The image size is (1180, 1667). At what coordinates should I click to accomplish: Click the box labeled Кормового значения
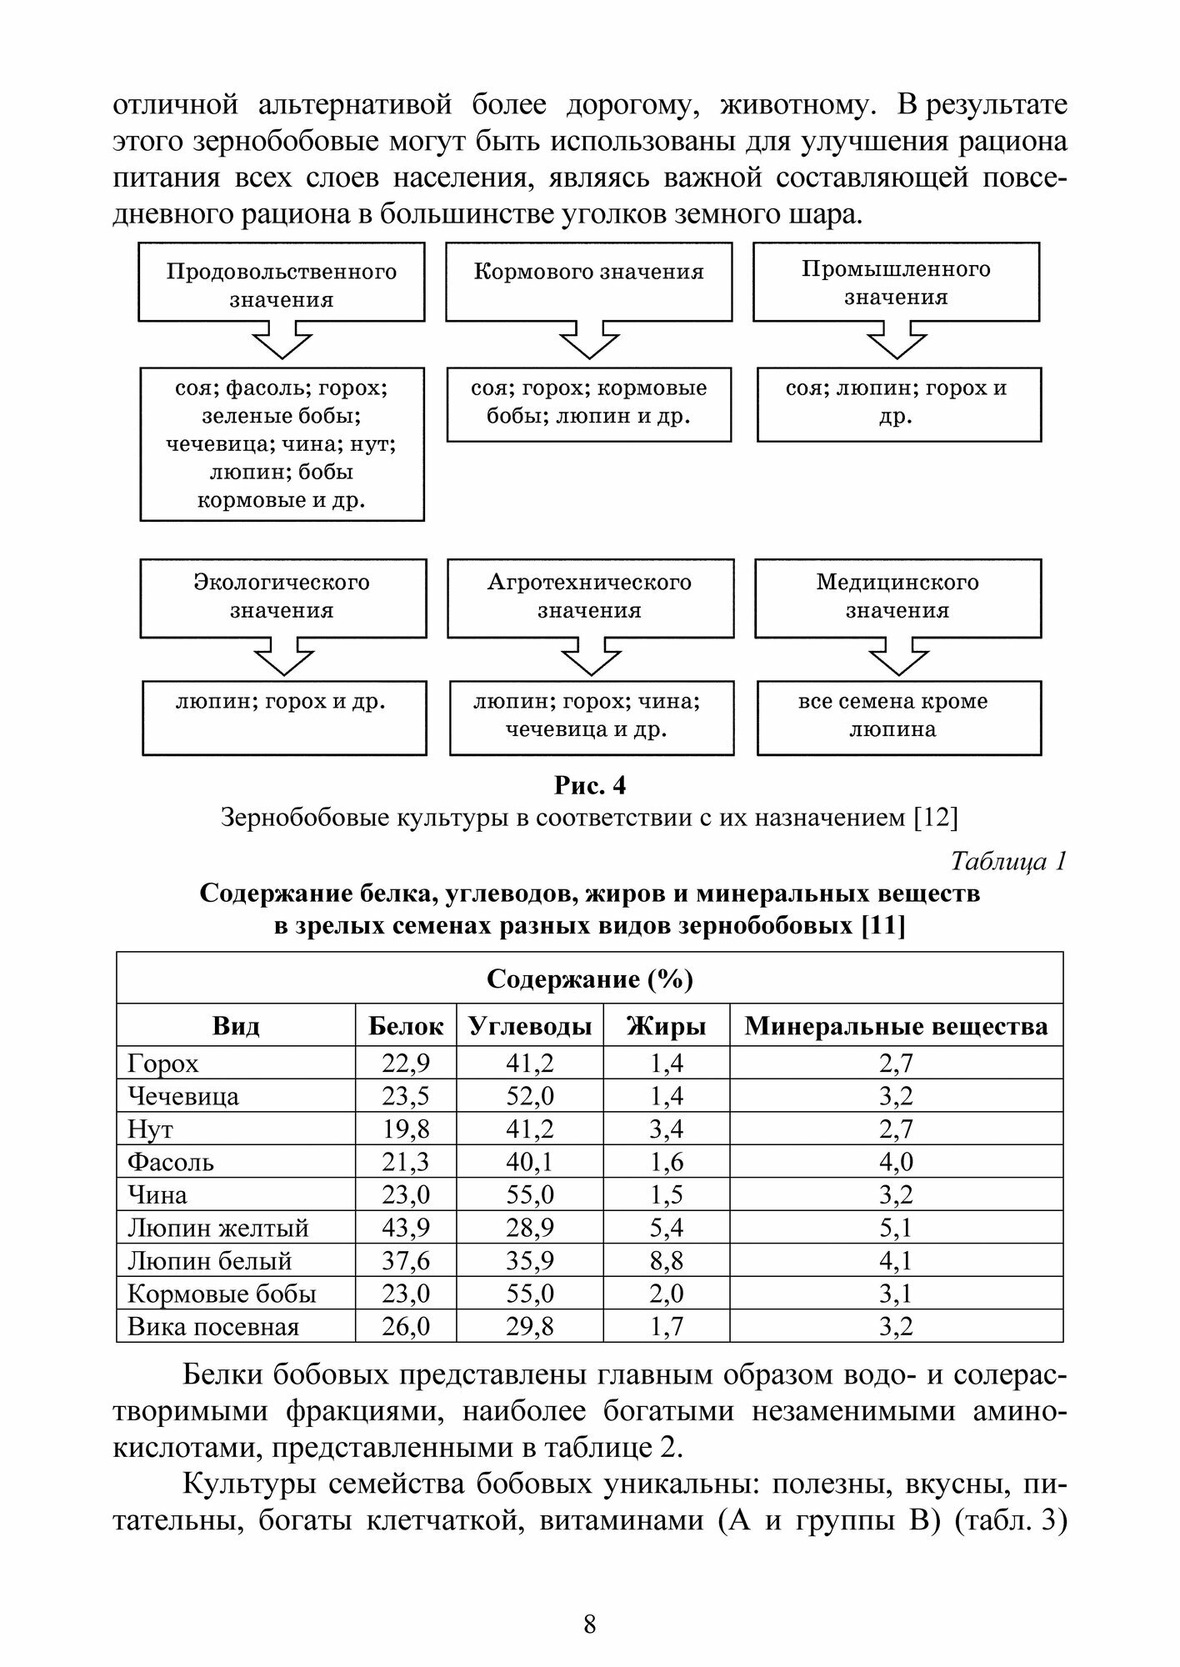588,281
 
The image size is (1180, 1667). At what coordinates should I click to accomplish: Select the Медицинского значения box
897,597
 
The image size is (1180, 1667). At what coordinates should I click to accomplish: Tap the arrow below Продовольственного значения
282,340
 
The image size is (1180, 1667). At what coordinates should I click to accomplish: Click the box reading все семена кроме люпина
898,717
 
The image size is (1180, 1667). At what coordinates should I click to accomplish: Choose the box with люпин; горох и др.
283,717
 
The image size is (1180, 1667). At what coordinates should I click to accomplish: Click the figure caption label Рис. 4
589,785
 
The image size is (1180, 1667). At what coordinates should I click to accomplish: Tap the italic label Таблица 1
1008,861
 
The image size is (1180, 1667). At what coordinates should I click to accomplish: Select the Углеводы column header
530,1026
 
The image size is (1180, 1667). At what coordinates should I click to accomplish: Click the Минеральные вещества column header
896,1026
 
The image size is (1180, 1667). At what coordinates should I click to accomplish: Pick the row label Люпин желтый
218,1228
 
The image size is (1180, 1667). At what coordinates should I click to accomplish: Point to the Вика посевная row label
213,1326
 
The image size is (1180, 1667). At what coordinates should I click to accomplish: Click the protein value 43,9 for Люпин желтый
406,1228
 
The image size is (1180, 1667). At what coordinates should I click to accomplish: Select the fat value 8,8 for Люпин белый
666,1261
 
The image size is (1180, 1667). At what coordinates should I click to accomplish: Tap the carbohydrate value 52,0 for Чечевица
530,1096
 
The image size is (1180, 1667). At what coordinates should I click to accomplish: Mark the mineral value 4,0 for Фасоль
896,1162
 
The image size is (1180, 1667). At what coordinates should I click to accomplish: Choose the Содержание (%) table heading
589,979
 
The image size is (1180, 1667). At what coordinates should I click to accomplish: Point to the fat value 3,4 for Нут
666,1129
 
